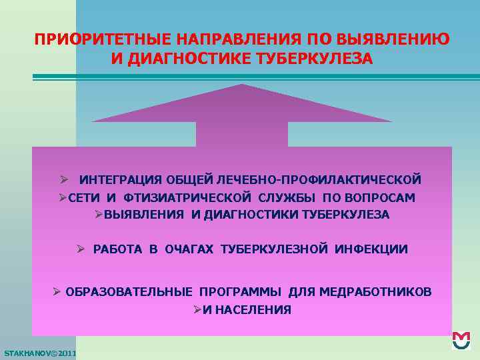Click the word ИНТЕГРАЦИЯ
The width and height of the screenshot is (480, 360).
pyautogui.click(x=120, y=180)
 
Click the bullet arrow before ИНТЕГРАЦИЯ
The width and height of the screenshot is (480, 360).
pyautogui.click(x=63, y=180)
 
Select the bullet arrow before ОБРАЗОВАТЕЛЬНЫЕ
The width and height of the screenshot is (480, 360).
pyautogui.click(x=57, y=292)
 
